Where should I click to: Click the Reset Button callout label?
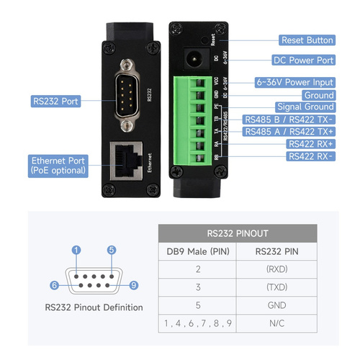pos(307,40)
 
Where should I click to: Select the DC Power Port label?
pos(303,60)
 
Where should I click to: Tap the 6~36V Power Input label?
pos(295,82)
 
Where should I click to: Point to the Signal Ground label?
pos(305,107)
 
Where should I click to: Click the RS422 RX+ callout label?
pos(311,144)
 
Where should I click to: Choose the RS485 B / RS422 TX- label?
pos(289,120)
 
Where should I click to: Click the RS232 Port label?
pos(55,101)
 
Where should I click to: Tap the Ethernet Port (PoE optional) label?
pos(58,166)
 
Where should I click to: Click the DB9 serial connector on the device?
pos(127,96)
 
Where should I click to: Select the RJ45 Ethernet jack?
pos(126,161)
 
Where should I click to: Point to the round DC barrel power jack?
pos(194,58)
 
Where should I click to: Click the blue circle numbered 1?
pos(76,250)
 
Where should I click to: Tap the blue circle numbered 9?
pos(134,285)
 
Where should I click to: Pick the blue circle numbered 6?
pos(54,285)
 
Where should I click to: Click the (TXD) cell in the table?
pos(276,287)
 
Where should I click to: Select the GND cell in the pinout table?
pos(276,305)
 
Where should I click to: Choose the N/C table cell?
pos(276,323)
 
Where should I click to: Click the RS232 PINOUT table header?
pos(238,233)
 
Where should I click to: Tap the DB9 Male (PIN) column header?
pos(198,251)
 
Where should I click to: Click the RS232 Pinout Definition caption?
pos(94,307)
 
